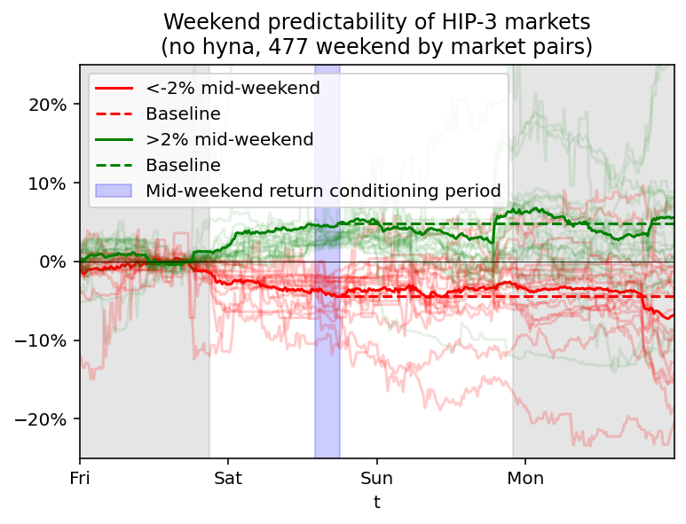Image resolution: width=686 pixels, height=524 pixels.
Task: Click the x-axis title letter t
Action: click(377, 503)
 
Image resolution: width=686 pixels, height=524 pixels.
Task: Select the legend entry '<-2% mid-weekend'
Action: click(233, 88)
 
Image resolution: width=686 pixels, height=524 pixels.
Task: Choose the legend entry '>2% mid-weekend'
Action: click(229, 139)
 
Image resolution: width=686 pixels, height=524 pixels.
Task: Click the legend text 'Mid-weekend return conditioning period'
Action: click(323, 191)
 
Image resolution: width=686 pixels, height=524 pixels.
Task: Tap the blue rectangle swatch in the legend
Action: click(114, 191)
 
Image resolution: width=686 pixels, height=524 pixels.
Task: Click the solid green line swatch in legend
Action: click(114, 139)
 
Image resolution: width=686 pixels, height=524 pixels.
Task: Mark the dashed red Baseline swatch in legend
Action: click(114, 113)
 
